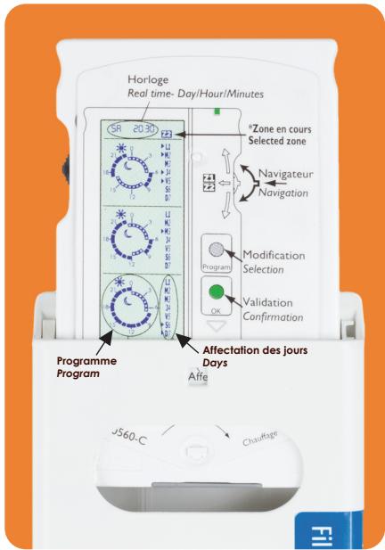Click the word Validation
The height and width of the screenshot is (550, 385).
278,302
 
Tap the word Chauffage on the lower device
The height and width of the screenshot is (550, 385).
263,442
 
